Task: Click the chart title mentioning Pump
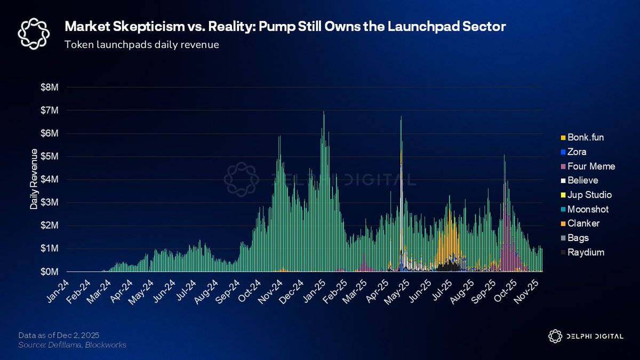click(285, 27)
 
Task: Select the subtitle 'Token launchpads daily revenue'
click(141, 45)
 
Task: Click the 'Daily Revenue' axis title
click(34, 179)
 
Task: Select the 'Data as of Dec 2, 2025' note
click(58, 335)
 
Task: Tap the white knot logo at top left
click(34, 33)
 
